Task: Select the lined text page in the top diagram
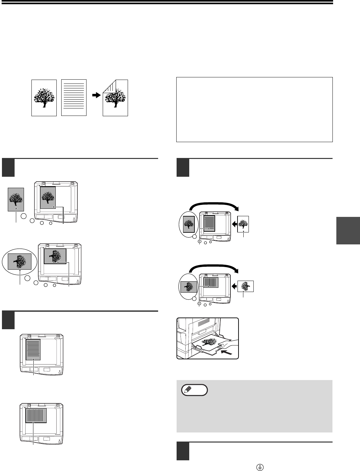[x=74, y=97]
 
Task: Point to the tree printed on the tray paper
[x=209, y=343]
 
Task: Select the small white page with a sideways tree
[x=246, y=286]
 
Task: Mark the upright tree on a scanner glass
[x=48, y=197]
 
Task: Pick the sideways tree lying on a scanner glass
[x=55, y=256]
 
